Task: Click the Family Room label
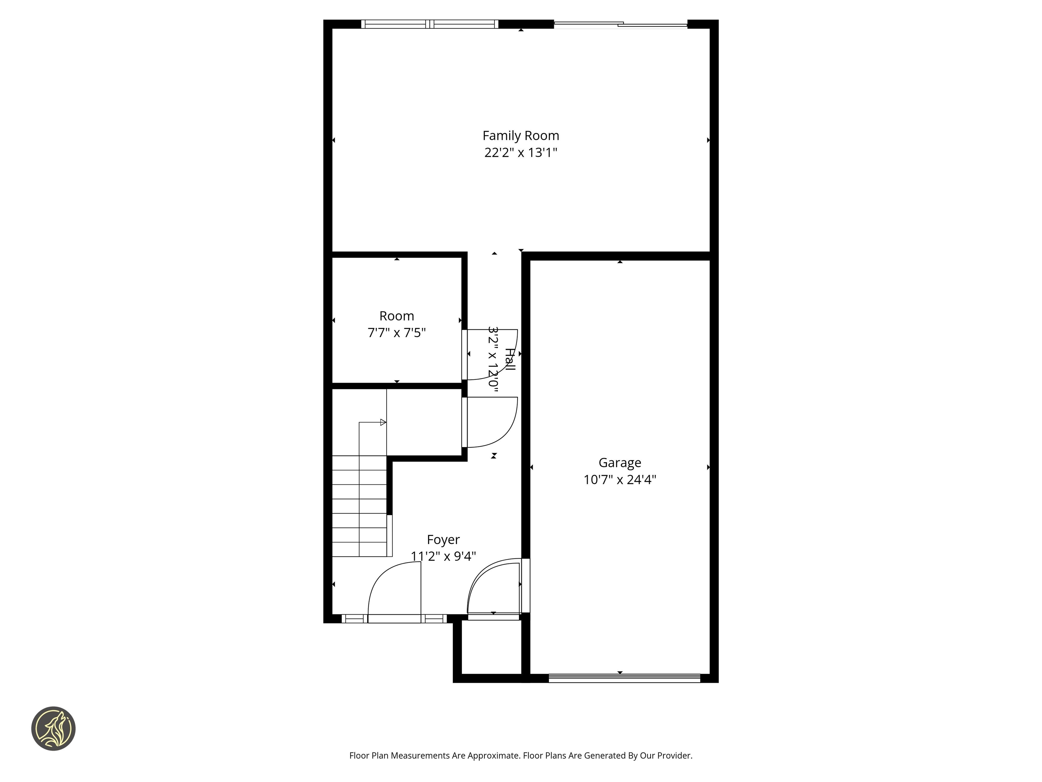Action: [521, 136]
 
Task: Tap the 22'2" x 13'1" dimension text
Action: [521, 153]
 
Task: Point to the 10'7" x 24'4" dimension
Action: [619, 479]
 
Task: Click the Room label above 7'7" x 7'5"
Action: [396, 316]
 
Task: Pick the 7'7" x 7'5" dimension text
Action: [396, 333]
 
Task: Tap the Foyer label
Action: [443, 539]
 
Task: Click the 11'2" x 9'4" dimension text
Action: [443, 556]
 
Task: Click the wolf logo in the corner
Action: [53, 728]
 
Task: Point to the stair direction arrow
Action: [383, 422]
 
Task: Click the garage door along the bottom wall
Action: [624, 678]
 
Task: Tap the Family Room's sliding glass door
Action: [620, 24]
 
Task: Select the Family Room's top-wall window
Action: [430, 24]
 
